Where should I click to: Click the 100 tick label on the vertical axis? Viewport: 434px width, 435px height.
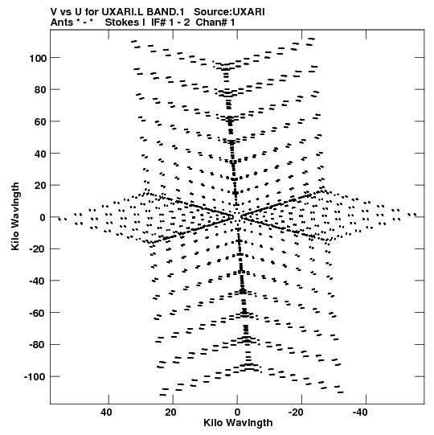38,58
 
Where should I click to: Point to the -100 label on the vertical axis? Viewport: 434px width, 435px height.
35,377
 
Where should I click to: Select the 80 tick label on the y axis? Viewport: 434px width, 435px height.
40,90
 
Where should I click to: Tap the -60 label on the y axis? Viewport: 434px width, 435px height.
38,314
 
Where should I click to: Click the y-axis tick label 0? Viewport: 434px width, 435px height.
43,217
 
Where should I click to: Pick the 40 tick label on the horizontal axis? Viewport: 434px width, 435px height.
107,412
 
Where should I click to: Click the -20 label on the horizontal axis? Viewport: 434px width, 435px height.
296,412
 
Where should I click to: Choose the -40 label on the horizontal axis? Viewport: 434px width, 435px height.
360,412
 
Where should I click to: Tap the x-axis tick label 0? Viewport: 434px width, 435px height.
237,412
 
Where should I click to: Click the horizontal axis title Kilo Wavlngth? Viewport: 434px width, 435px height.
238,423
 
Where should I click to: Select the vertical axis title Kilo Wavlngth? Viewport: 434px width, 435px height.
15,216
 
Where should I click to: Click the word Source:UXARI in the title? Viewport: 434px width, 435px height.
229,12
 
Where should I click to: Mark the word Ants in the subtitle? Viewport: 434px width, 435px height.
62,23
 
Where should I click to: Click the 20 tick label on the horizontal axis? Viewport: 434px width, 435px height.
171,412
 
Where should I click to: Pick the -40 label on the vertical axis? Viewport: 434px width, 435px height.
38,281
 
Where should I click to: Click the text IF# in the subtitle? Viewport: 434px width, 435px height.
159,23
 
